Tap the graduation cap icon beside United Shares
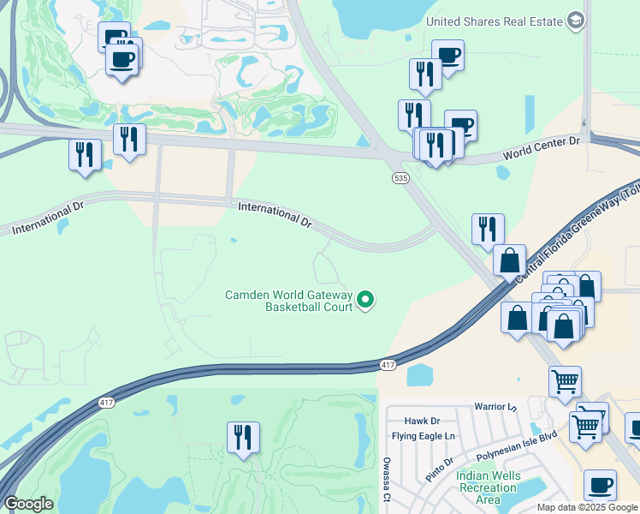coord(577,21)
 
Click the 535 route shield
coord(400,178)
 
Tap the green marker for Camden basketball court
coord(365,299)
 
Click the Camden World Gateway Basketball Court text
coord(288,300)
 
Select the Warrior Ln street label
coord(496,406)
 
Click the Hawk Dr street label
coord(422,421)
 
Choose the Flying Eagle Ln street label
coord(424,436)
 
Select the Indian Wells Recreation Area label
coord(486,487)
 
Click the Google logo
coord(29,504)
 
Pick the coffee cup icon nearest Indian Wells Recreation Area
coord(600,486)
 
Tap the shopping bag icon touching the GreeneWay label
coord(510,260)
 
